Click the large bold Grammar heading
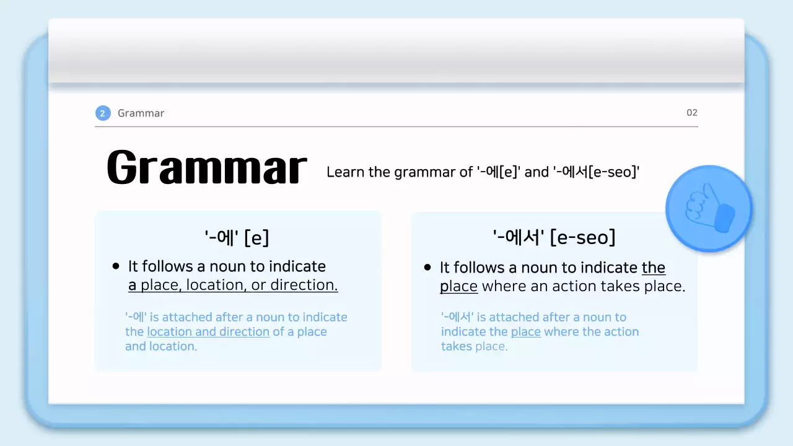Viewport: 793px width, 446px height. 206,167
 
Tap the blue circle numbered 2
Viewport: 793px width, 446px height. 103,113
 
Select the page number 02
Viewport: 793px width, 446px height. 692,113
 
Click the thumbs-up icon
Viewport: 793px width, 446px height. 709,209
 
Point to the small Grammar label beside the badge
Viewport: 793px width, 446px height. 141,113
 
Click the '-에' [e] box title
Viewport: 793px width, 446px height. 237,237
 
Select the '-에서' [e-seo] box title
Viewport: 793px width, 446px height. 554,237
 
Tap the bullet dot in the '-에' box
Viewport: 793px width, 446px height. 116,266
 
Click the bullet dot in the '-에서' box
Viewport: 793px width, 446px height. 427,268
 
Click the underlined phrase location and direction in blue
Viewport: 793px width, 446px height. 208,331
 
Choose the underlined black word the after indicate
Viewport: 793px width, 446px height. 654,268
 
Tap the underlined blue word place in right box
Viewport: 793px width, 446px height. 525,331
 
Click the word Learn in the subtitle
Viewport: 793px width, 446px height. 346,172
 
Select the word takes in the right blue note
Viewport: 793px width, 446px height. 457,346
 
